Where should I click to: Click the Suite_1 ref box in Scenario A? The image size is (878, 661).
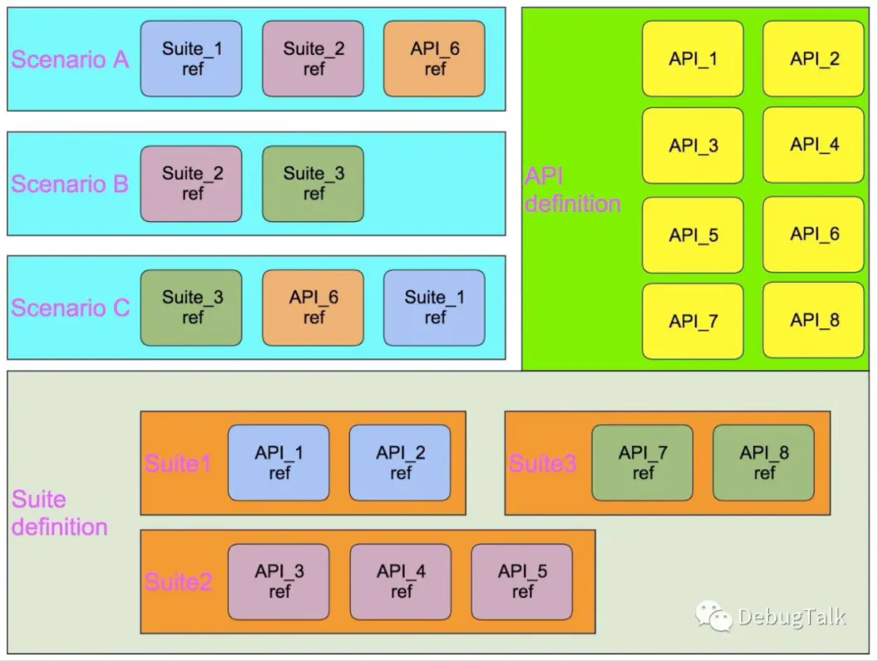point(191,59)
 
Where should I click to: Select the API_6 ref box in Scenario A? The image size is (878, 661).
point(435,59)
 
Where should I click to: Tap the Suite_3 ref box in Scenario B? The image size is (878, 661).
point(313,184)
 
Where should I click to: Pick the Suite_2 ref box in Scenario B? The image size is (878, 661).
point(191,184)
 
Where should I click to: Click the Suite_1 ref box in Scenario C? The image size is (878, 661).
point(434,308)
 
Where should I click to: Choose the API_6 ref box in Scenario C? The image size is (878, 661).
point(313,308)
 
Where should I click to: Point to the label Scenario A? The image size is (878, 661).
point(70,60)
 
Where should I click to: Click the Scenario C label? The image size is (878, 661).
point(70,308)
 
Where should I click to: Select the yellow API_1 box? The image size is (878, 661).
point(693,59)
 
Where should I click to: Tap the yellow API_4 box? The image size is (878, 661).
point(814,145)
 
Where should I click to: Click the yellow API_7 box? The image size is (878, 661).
point(693,322)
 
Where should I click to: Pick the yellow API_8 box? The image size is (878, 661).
point(814,320)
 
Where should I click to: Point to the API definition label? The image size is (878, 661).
point(572,190)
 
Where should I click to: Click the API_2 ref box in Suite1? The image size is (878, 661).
point(400,463)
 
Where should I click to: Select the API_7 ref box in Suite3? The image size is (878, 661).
point(642,463)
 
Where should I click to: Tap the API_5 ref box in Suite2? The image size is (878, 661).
point(522,582)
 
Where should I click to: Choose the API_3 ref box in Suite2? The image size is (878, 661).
point(279,582)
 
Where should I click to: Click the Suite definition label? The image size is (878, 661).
point(59,513)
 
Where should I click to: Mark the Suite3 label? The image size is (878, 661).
point(542,464)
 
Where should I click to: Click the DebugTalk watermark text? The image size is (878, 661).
point(791,617)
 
